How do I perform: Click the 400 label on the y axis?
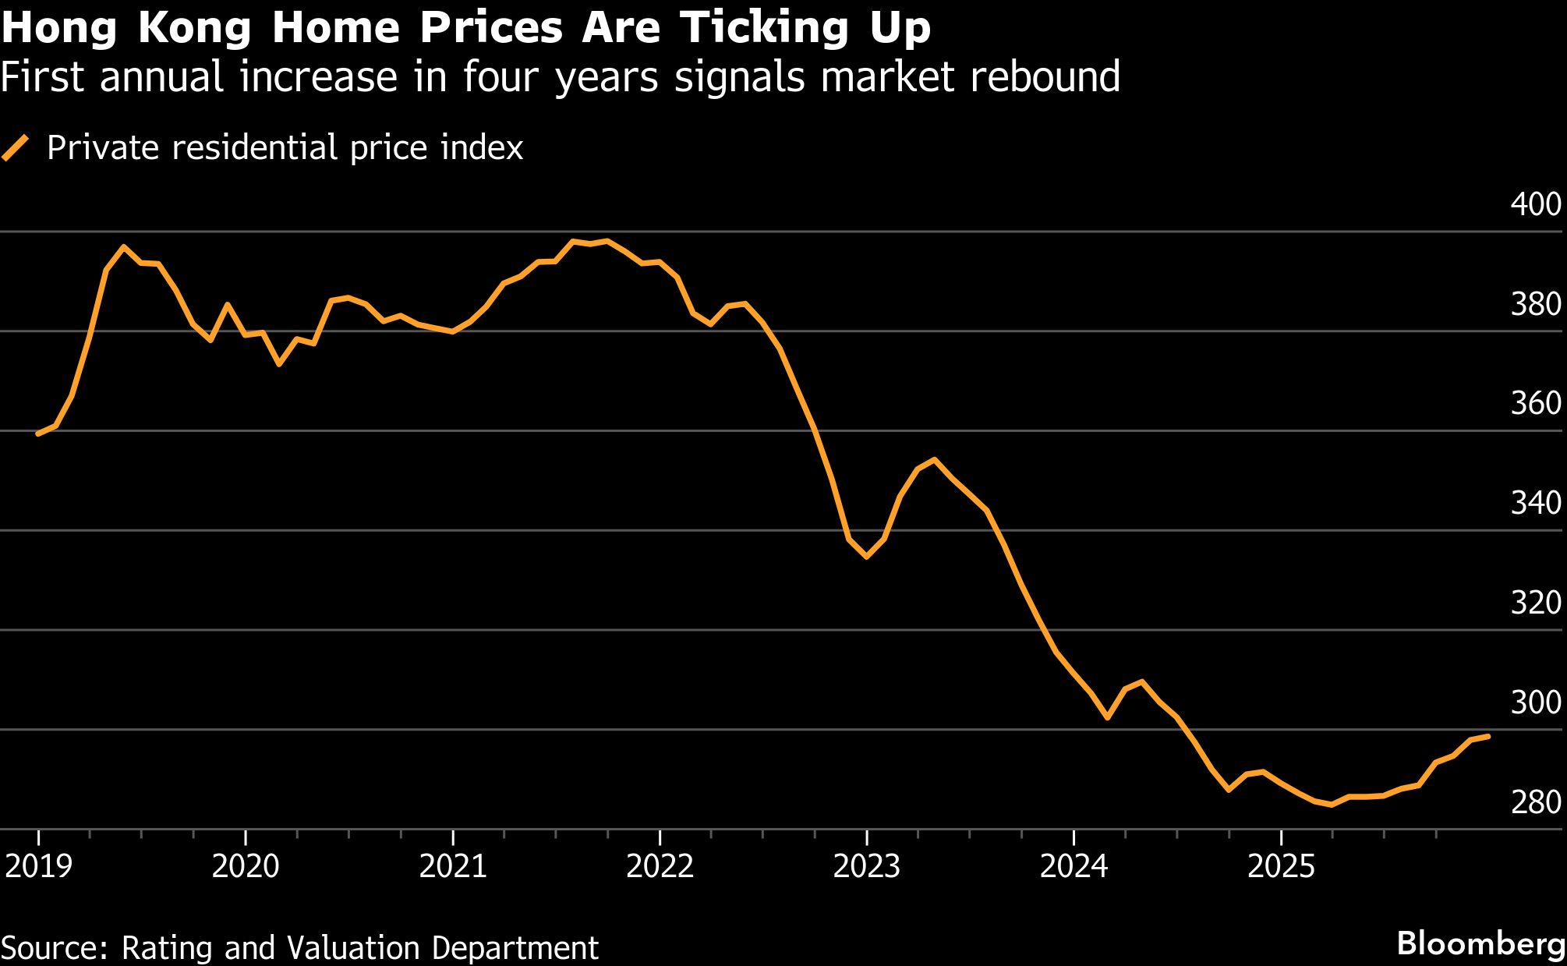tap(1535, 204)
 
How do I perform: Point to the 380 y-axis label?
tap(1535, 304)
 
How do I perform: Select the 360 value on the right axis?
tap(1535, 403)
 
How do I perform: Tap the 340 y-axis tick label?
tap(1535, 503)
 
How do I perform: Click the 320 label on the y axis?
tap(1535, 603)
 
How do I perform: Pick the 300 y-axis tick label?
tap(1535, 702)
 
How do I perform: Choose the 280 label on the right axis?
tap(1535, 802)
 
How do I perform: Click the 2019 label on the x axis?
tap(38, 866)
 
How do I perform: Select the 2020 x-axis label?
tap(246, 866)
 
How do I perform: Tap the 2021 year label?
tap(453, 866)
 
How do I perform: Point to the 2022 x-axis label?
tap(660, 866)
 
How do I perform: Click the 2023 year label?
tap(867, 866)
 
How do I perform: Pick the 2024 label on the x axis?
tap(1074, 866)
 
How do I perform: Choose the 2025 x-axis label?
tap(1281, 866)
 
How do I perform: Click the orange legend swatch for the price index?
tap(15, 147)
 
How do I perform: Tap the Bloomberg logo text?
tap(1480, 943)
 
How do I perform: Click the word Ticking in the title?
tap(765, 28)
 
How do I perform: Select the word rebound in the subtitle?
tap(1044, 77)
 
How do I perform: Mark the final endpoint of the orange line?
tap(1488, 736)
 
